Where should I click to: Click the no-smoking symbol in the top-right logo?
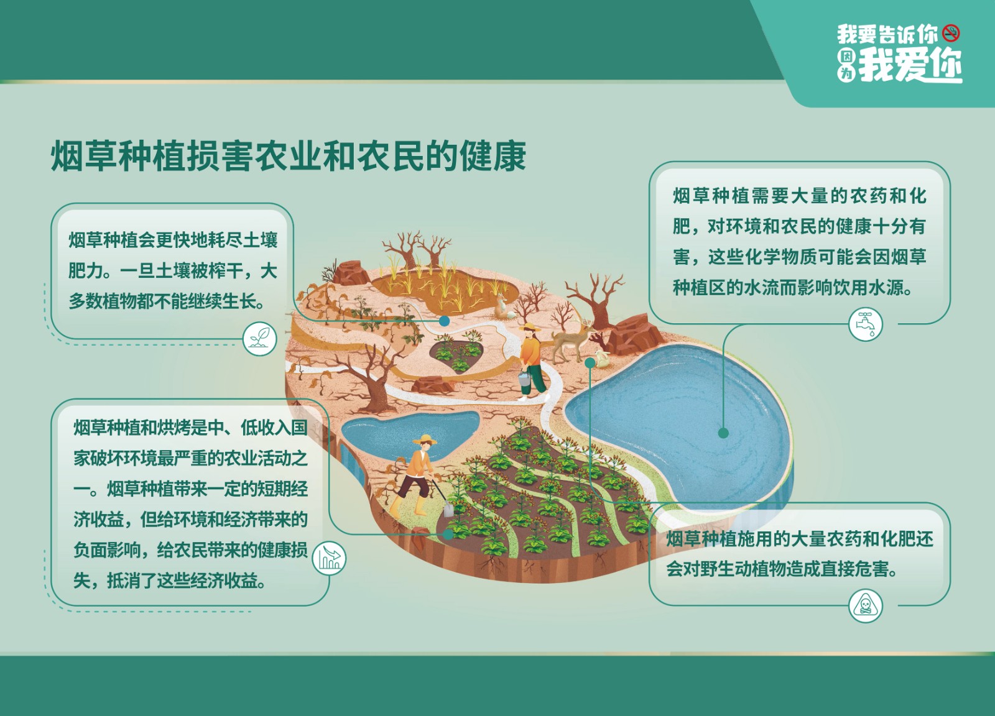tap(951, 34)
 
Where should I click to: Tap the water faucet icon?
tap(866, 324)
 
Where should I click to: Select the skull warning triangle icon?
tap(865, 606)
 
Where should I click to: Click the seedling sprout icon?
tap(260, 339)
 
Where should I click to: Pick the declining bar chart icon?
tap(329, 558)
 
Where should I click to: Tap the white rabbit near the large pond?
tap(601, 358)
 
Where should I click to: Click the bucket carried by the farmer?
tap(524, 379)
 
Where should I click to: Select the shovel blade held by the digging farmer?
tap(448, 508)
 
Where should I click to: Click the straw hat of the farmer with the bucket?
tap(529, 328)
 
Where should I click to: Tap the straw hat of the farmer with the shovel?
tap(425, 439)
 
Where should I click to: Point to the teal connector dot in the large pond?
tap(723, 433)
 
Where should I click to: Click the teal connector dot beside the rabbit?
tap(590, 363)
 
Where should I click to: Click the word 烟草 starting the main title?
tap(84, 156)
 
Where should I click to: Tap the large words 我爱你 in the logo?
tap(910, 65)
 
